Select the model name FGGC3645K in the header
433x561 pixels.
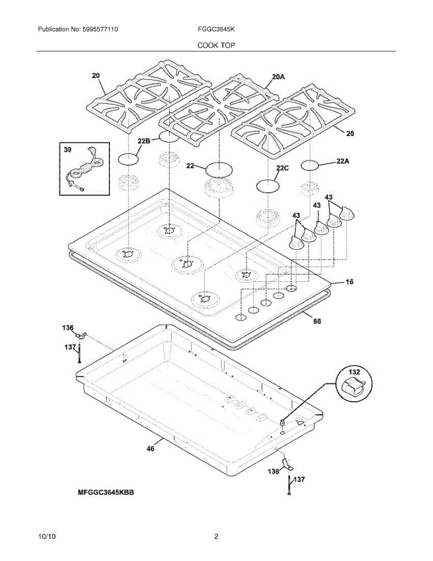click(216, 29)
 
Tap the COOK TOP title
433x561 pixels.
click(216, 45)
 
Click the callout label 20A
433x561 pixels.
click(278, 77)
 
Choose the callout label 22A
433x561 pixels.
click(342, 161)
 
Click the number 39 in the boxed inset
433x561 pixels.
click(68, 149)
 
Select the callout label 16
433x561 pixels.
click(349, 282)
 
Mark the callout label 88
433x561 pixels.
click(317, 321)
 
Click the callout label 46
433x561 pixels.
click(150, 448)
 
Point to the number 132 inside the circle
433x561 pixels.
click(355, 373)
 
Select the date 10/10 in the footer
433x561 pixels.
click(47, 537)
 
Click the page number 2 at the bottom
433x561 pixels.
click(216, 537)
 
